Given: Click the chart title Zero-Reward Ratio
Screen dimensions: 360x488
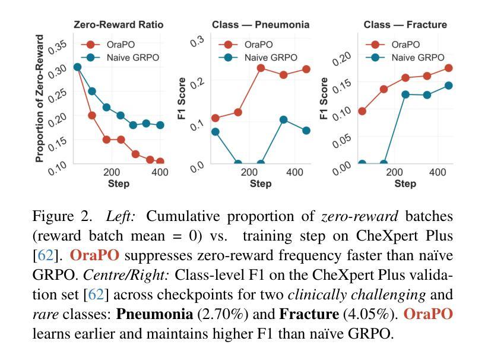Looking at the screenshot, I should pos(118,25).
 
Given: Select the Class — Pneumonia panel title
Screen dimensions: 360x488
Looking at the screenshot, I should pos(261,25).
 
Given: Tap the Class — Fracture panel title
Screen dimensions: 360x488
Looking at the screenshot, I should pos(405,25).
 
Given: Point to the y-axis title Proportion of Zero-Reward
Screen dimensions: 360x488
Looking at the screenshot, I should pos(40,99).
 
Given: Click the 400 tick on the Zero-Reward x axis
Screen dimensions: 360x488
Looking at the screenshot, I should pos(160,172).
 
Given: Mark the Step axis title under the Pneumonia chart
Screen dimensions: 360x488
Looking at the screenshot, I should pos(261,184).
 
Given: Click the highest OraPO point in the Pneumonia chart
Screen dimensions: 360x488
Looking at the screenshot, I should pos(261,68).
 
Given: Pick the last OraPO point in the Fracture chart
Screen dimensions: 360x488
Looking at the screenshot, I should pos(449,68).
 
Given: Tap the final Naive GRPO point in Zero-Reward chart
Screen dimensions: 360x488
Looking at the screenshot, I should pos(160,125).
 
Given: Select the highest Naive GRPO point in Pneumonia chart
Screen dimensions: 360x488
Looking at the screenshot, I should pos(284,120).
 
